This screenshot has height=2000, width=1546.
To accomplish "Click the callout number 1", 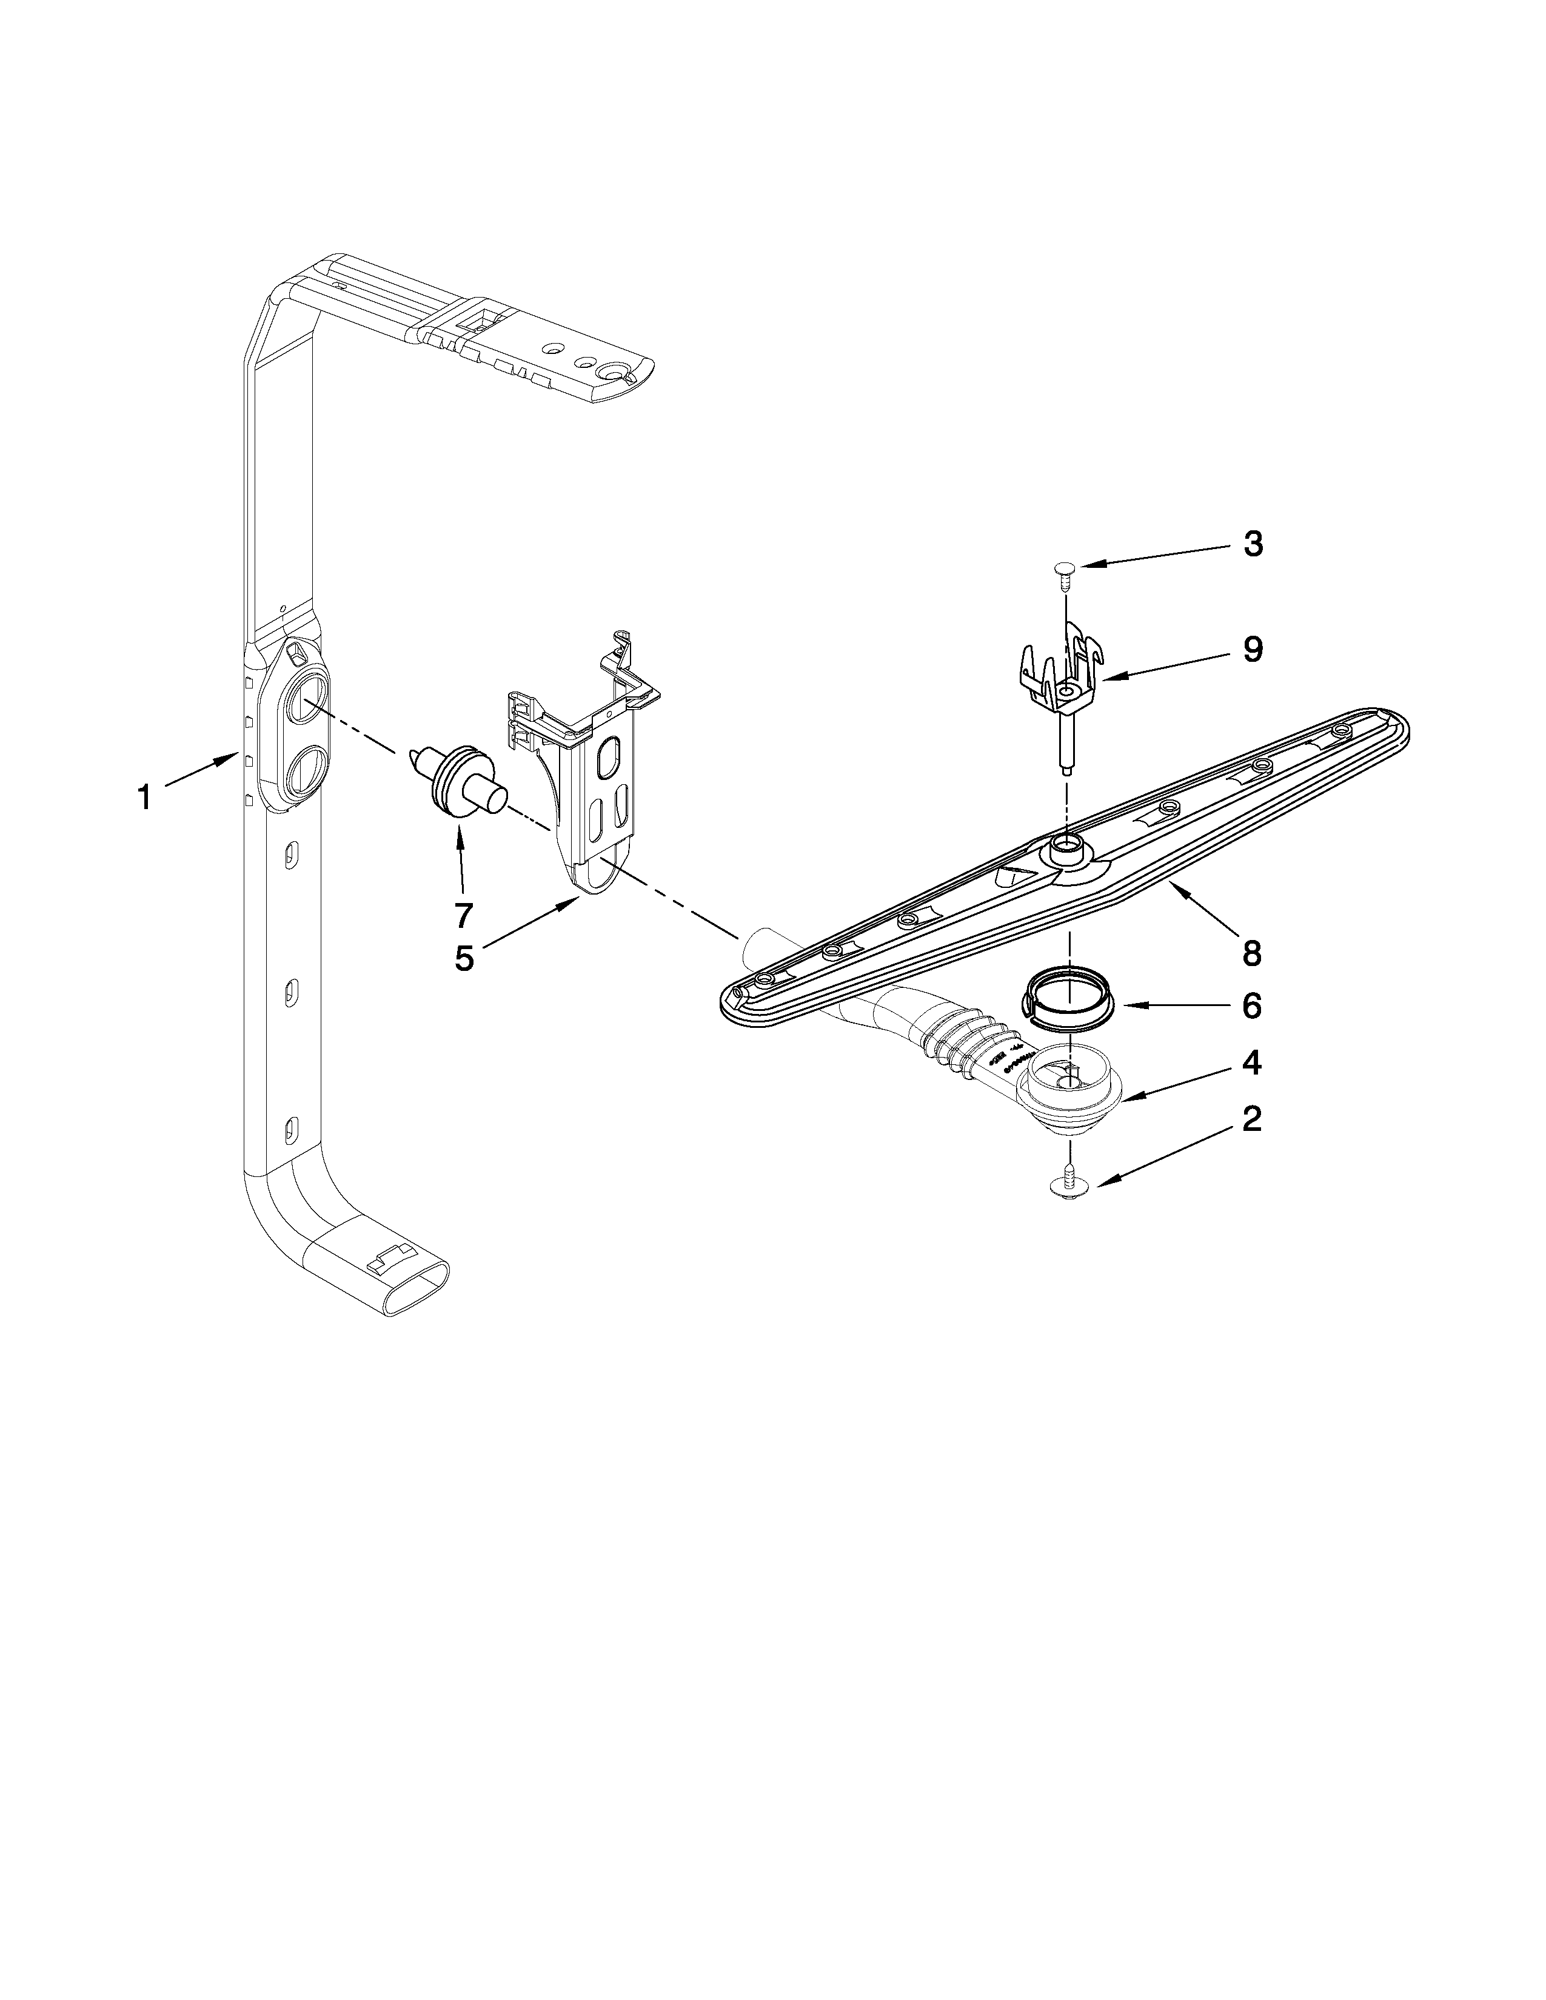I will point(144,798).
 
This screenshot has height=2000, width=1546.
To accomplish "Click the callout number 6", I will point(1252,1007).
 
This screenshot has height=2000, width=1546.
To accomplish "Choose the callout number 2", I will point(1252,1118).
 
